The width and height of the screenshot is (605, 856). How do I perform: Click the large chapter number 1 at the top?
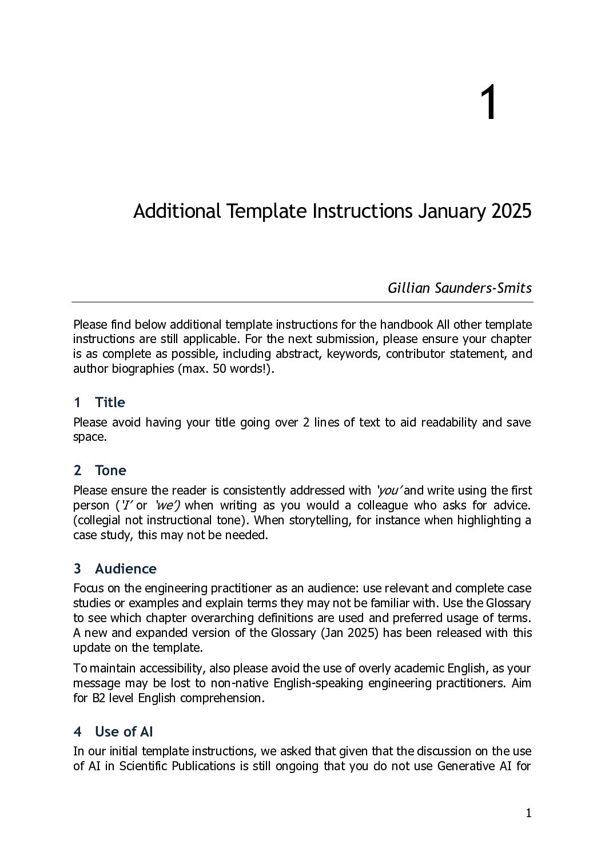pos(488,103)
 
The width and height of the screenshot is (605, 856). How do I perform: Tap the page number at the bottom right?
pos(528,813)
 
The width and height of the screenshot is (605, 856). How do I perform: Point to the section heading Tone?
pos(110,471)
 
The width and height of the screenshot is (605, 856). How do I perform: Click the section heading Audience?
pos(125,569)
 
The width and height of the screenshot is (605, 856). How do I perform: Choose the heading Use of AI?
pos(124,732)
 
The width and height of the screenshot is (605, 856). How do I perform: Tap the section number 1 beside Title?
pos(77,403)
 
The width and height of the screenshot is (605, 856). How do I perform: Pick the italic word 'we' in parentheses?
pos(166,505)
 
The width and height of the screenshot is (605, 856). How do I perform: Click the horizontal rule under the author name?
pos(302,302)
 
